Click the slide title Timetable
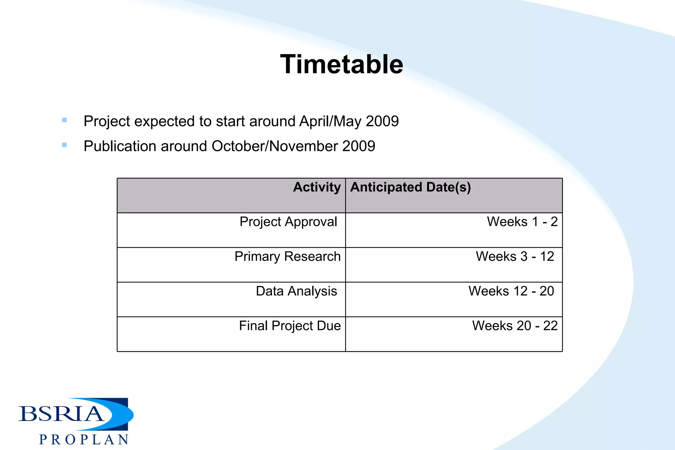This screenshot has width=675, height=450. [x=341, y=64]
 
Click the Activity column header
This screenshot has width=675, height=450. [x=317, y=187]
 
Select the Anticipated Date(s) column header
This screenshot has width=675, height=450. [x=410, y=187]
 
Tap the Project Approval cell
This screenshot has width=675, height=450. [x=288, y=222]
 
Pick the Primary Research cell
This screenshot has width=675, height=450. [x=287, y=257]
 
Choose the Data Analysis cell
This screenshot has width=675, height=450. [x=296, y=291]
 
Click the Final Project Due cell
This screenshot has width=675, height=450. [x=290, y=326]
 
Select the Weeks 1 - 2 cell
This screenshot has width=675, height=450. [x=522, y=222]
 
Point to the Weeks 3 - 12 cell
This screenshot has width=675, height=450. [x=515, y=257]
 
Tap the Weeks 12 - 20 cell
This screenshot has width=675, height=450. [x=511, y=291]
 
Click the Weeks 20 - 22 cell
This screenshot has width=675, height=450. [x=515, y=326]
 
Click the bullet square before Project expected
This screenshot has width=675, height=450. [x=64, y=120]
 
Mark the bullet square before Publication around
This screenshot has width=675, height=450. [x=64, y=145]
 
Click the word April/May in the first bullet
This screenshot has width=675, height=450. [x=330, y=122]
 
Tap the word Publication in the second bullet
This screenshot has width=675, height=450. [x=120, y=146]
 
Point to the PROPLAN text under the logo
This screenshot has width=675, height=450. [x=84, y=440]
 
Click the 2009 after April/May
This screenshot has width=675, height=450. [x=382, y=122]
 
